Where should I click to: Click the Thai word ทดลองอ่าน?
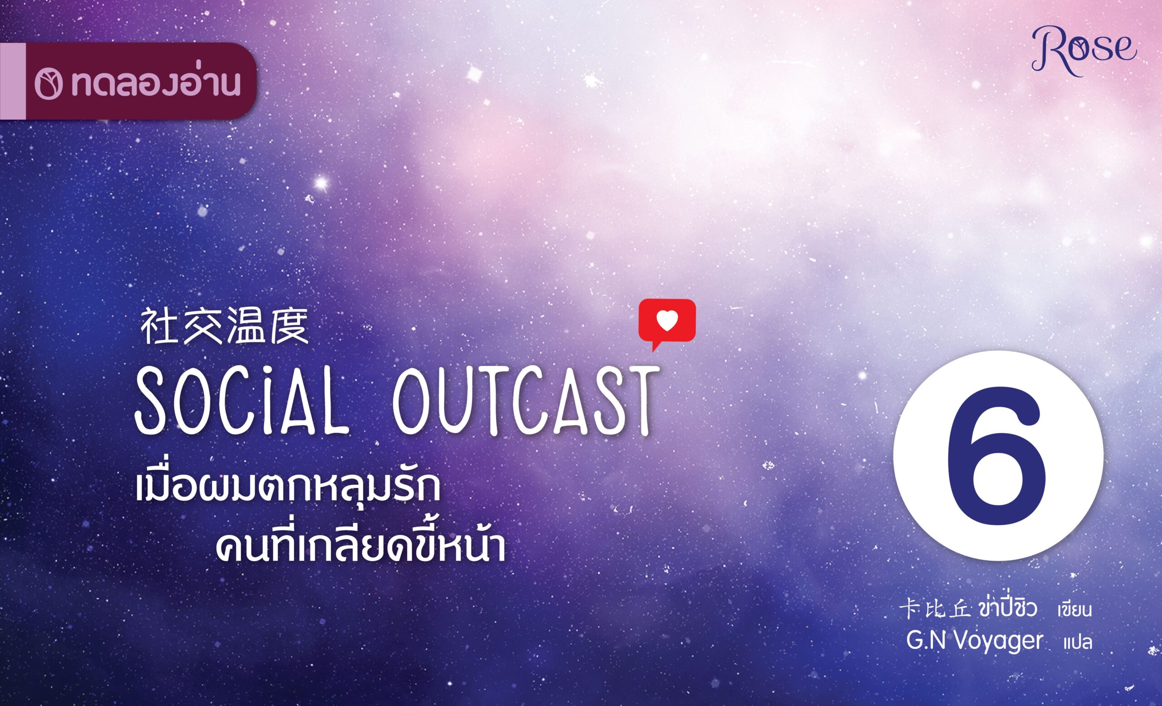(x=156, y=84)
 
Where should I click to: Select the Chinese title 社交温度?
(x=225, y=326)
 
